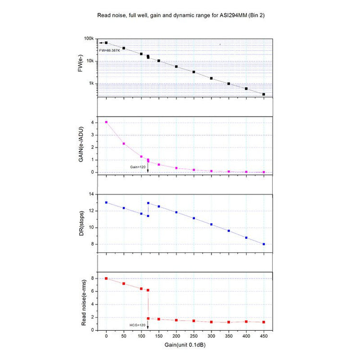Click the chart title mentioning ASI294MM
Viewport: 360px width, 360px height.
pos(181,15)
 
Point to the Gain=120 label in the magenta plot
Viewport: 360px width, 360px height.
pos(137,167)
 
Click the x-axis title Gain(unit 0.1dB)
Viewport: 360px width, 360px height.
pos(185,345)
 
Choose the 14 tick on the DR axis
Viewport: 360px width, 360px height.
pos(91,194)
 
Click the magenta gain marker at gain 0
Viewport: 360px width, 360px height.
pos(106,122)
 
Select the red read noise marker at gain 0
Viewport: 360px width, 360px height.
pos(106,278)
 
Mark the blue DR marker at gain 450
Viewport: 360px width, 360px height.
pos(264,244)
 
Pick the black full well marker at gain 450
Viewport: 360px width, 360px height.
pos(264,94)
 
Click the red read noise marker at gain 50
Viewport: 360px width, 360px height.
pos(124,284)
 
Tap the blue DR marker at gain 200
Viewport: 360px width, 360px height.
pos(176,212)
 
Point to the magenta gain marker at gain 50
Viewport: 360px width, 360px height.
pos(124,144)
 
